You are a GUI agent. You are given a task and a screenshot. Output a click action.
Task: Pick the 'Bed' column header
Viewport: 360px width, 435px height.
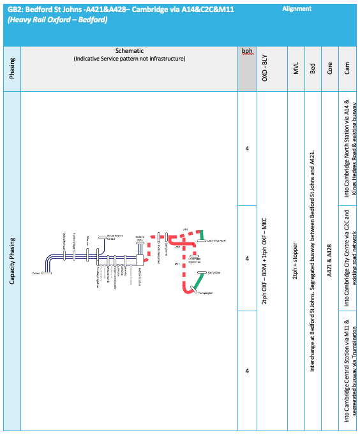313,68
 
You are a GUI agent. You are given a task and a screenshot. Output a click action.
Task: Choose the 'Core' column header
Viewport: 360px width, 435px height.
329,68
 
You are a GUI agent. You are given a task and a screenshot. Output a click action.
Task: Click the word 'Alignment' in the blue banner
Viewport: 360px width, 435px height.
297,9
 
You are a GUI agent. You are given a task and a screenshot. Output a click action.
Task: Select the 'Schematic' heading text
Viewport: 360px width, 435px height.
130,51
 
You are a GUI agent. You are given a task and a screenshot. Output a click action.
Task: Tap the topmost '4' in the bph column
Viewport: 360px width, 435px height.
247,149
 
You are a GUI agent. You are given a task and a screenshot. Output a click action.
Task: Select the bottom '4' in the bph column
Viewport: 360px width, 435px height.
247,371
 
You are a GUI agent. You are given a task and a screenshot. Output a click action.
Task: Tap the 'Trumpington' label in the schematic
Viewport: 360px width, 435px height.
205,292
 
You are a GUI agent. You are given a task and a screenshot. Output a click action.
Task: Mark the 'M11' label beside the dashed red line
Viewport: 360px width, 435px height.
177,263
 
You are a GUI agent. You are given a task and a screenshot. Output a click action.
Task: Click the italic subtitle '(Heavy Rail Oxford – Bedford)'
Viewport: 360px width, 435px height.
57,20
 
